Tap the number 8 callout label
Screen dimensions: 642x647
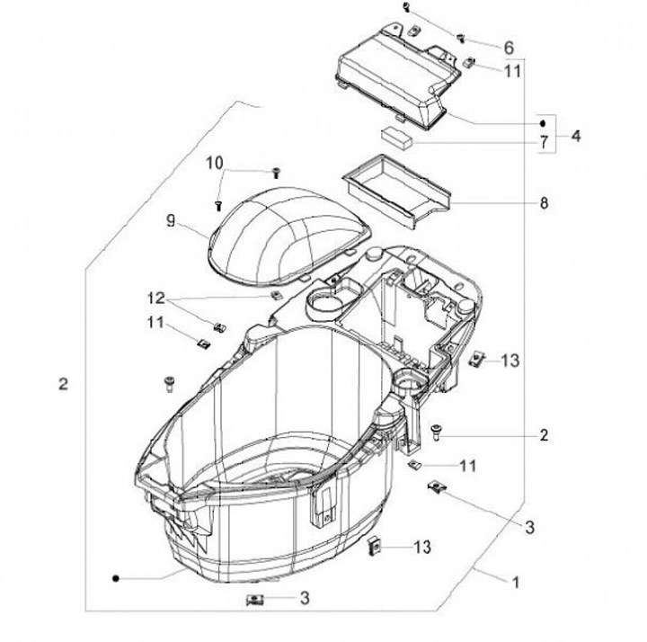(x=543, y=203)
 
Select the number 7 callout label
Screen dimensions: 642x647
(x=543, y=142)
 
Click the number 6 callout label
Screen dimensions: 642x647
(x=508, y=48)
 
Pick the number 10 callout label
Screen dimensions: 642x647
(x=214, y=163)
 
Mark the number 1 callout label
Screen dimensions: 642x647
(x=515, y=582)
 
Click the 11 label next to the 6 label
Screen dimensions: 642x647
(x=511, y=70)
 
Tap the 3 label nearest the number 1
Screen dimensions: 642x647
(x=530, y=526)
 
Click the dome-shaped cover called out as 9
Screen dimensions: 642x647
(x=288, y=230)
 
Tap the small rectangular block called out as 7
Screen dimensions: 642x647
(x=395, y=136)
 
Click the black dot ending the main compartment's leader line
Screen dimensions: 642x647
(x=116, y=579)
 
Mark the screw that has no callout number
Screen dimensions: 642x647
(x=166, y=384)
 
